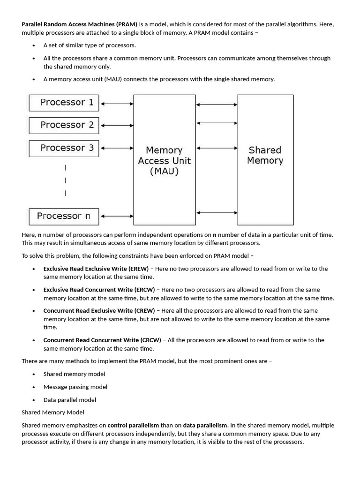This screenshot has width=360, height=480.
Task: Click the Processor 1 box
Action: [x=64, y=103]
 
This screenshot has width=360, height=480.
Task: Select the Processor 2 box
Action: [x=64, y=125]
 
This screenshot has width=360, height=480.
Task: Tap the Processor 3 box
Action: [x=64, y=148]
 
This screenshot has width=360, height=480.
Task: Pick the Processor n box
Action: [x=64, y=216]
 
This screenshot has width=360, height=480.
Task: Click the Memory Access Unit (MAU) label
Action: [x=164, y=160]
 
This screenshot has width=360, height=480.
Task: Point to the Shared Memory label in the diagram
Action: [x=265, y=155]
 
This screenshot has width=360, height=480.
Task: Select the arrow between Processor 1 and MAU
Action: [x=116, y=103]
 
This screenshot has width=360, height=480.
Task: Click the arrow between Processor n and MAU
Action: [x=116, y=216]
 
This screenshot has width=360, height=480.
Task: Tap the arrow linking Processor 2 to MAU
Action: [x=116, y=126]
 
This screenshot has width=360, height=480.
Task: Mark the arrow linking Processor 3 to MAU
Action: [x=116, y=148]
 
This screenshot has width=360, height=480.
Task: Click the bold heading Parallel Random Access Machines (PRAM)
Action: [x=80, y=24]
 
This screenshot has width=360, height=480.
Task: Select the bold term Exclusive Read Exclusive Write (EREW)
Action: [x=96, y=269]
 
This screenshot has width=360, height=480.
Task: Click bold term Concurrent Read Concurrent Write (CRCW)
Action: [x=102, y=340]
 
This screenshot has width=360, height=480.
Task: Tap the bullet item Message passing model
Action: [x=75, y=387]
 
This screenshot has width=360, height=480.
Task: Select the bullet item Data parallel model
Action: [x=70, y=400]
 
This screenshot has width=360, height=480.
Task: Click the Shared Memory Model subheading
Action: [x=53, y=412]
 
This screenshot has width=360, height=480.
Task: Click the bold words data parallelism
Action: [x=205, y=426]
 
